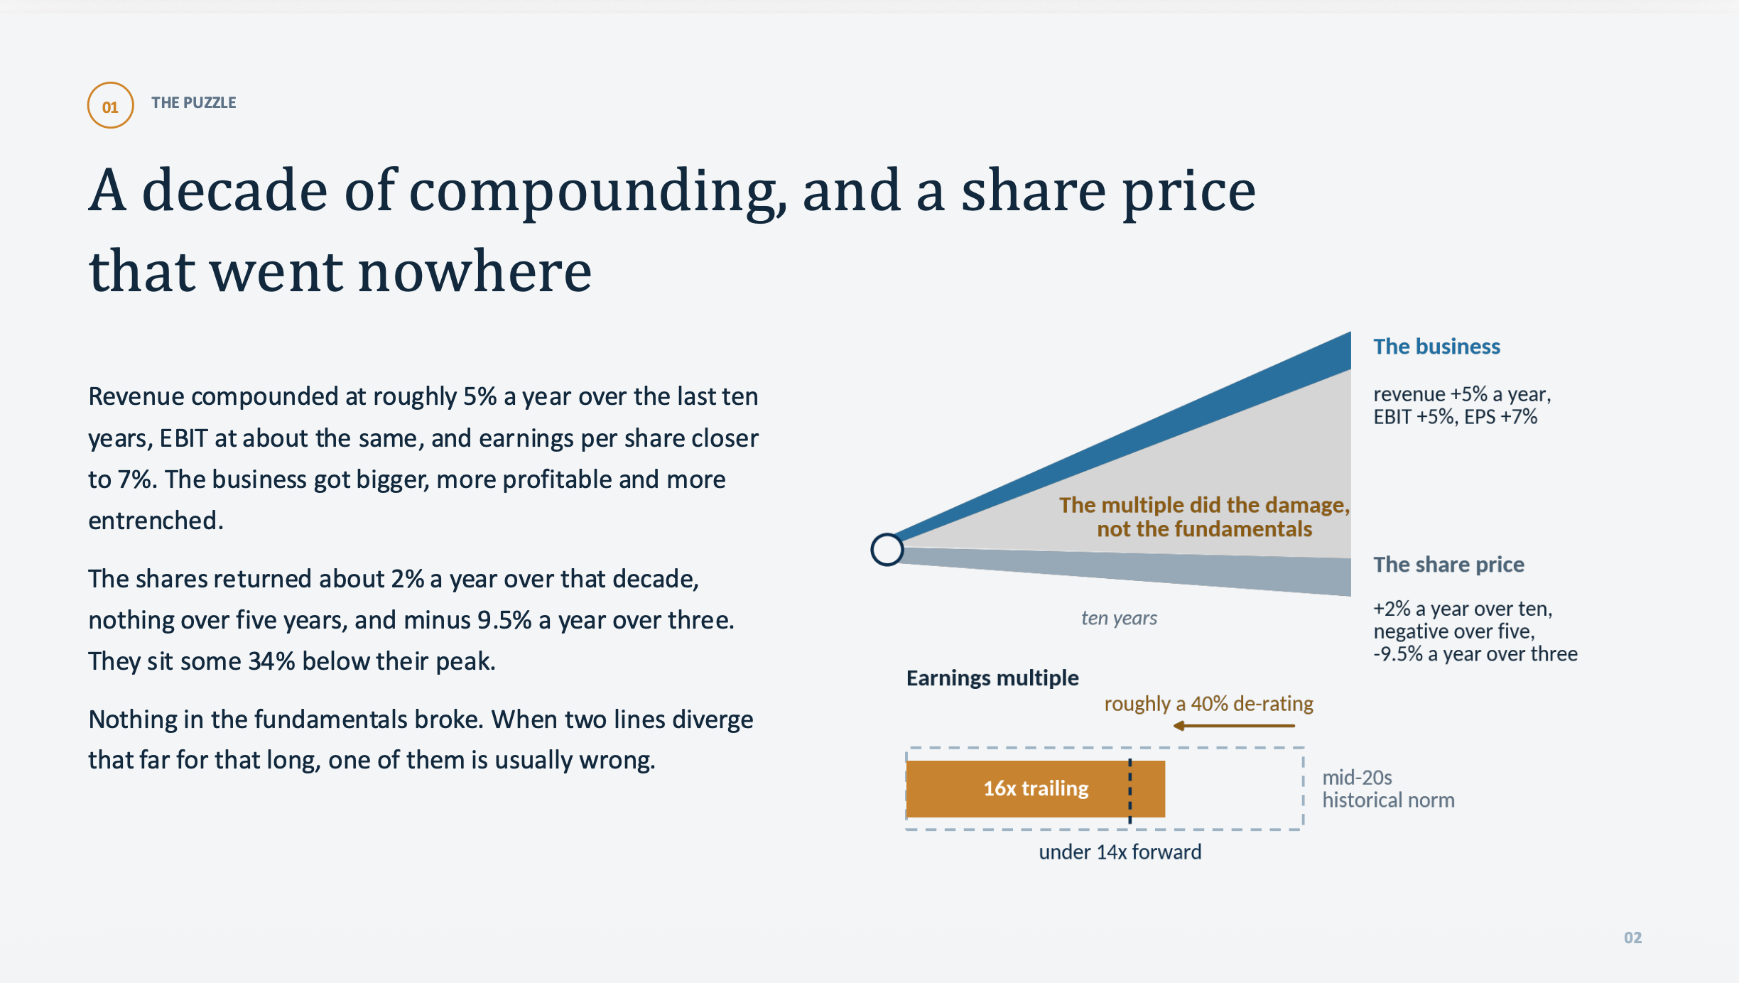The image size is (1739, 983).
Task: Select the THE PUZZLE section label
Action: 193,103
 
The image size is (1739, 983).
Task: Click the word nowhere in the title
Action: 475,272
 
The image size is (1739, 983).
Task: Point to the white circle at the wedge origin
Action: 887,550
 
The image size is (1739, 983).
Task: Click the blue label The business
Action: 1436,347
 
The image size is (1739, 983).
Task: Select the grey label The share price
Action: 1448,565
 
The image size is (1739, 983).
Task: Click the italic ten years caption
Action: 1119,619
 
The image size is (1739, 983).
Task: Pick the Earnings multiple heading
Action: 992,678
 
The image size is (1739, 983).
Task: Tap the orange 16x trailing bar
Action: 1036,788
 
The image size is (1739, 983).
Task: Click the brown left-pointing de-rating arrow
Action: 1234,726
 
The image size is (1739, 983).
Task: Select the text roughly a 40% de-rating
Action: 1208,704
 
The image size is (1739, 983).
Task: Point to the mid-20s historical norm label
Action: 1388,789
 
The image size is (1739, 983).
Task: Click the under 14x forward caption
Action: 1120,852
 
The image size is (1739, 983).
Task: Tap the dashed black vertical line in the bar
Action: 1130,791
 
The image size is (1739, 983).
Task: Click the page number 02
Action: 1632,938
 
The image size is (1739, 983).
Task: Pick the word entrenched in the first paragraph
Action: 156,521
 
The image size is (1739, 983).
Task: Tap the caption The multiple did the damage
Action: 1204,505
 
